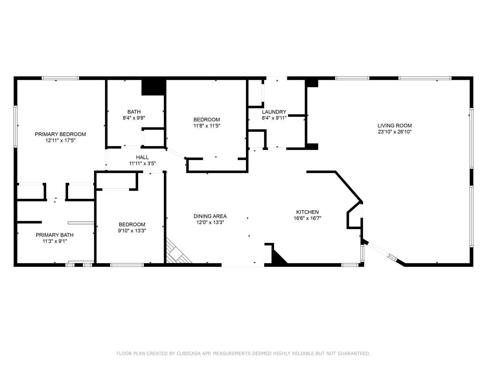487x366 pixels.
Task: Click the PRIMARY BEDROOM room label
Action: tap(60, 134)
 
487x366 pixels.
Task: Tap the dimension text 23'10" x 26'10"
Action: tap(394, 132)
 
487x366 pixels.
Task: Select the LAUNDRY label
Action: tap(274, 112)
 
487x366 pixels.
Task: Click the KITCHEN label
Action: tap(307, 212)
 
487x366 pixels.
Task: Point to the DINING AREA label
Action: tap(210, 216)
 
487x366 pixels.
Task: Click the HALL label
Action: tap(142, 157)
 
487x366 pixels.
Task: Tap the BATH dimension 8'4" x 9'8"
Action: tap(134, 118)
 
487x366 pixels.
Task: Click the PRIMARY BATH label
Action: tap(54, 235)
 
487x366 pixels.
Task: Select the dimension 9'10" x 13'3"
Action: tap(132, 231)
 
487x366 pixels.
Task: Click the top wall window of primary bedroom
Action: tap(60, 78)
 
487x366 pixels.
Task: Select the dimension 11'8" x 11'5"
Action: tap(207, 125)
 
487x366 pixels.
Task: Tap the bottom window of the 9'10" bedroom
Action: tap(127, 265)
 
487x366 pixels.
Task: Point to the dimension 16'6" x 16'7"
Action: tap(307, 218)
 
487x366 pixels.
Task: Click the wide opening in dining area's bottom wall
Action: tap(243, 265)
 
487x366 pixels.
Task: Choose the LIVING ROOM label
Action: tap(394, 125)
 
